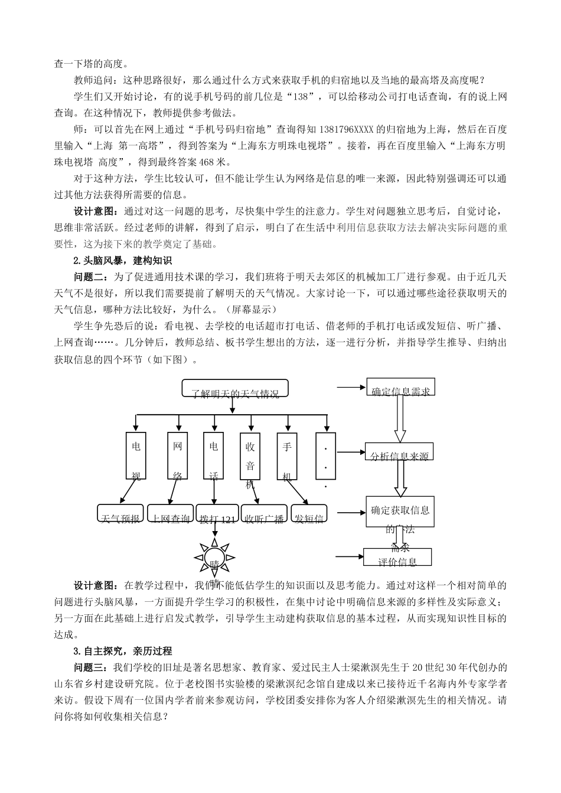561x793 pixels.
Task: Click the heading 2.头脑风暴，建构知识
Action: (x=122, y=260)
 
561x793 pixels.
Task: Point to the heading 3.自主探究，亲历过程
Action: (x=122, y=651)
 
